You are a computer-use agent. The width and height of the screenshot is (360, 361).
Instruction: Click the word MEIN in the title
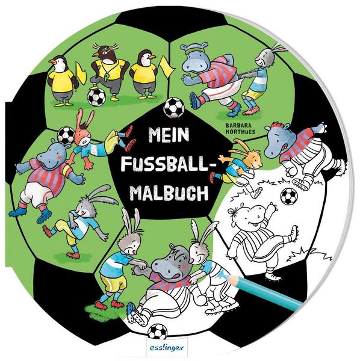pyautogui.click(x=169, y=135)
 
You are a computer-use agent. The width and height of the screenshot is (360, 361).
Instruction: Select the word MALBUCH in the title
pyautogui.click(x=169, y=193)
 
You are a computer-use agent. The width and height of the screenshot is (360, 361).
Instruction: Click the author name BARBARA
pyautogui.click(x=238, y=126)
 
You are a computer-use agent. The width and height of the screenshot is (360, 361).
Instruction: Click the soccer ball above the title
pyautogui.click(x=174, y=108)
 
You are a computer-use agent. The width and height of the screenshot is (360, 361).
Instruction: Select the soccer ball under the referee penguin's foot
pyautogui.click(x=96, y=97)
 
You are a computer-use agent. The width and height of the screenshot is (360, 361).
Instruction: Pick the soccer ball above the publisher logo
pyautogui.click(x=157, y=332)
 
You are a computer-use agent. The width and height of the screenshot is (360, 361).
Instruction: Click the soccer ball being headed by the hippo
pyautogui.click(x=66, y=135)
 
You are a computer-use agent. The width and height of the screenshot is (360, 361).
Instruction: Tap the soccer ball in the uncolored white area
pyautogui.click(x=289, y=196)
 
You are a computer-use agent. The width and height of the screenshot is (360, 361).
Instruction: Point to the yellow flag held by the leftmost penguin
pyautogui.click(x=81, y=73)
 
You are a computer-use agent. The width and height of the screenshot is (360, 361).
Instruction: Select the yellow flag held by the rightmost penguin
pyautogui.click(x=167, y=67)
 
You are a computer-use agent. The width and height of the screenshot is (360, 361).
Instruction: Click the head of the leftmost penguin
pyautogui.click(x=60, y=64)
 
